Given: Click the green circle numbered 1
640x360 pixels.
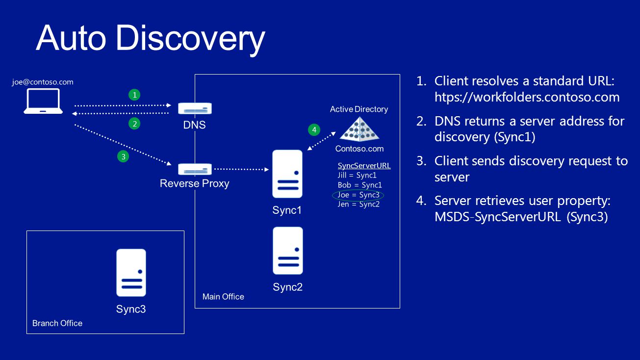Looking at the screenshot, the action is (134, 95).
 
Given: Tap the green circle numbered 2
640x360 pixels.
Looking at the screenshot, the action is (134, 124).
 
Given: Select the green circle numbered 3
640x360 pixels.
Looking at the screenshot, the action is (123, 156).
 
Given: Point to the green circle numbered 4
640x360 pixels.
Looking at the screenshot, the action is (314, 130).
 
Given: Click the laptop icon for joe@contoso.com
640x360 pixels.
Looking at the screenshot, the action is (43, 101).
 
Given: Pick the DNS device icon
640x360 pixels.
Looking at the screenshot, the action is (195, 108).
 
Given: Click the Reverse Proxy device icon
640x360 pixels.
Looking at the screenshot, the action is (195, 169).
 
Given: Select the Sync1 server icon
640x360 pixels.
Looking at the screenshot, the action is (287, 174).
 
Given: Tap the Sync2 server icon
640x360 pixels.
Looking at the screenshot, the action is (288, 251).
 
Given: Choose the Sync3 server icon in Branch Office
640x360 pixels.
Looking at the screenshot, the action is (131, 273).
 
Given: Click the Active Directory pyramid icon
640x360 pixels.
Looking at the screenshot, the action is (359, 129).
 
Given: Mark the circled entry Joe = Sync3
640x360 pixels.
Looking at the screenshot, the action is (358, 195).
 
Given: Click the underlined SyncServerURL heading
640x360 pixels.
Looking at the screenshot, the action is (364, 166).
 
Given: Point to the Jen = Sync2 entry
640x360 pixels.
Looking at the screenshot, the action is (358, 205).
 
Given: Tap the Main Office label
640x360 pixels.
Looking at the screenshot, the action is (223, 297).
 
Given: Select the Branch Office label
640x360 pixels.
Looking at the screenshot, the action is (57, 323).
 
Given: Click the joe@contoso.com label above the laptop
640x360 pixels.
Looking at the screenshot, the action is (43, 82).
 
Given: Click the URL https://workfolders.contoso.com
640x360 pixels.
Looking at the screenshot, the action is (527, 97).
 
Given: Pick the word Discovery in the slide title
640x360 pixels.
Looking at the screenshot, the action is (190, 39).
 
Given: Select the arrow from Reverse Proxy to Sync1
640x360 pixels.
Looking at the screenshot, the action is (242, 169).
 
